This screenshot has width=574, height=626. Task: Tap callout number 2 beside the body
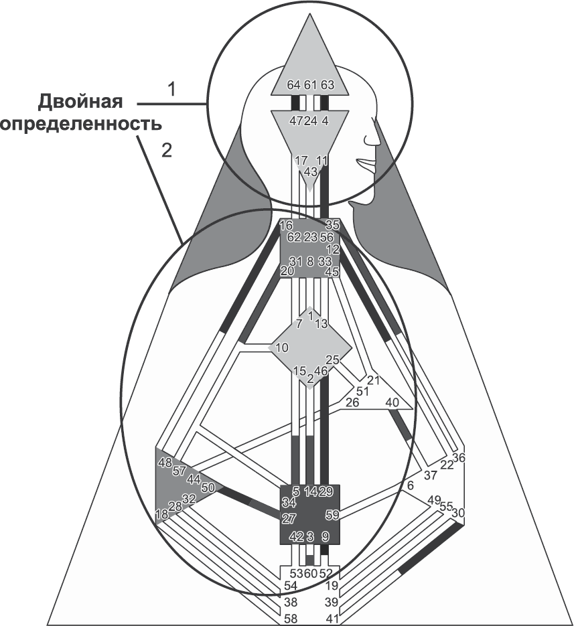tap(167, 150)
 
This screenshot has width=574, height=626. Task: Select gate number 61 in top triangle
tap(309, 85)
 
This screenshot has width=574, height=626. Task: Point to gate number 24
tap(309, 121)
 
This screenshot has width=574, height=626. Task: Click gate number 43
tap(309, 171)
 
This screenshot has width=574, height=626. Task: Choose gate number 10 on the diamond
tap(281, 347)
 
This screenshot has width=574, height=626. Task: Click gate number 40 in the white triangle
tap(392, 402)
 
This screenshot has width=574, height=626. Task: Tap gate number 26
tap(352, 402)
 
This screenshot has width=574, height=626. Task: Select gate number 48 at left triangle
tap(165, 462)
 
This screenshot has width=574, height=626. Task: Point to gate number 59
tap(332, 515)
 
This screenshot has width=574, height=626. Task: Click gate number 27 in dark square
tap(289, 519)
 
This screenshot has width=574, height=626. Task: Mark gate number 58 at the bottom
tap(291, 617)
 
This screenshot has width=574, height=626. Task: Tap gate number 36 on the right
tap(458, 458)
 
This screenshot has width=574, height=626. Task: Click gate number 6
tap(411, 485)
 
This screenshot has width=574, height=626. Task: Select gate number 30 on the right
tap(458, 513)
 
